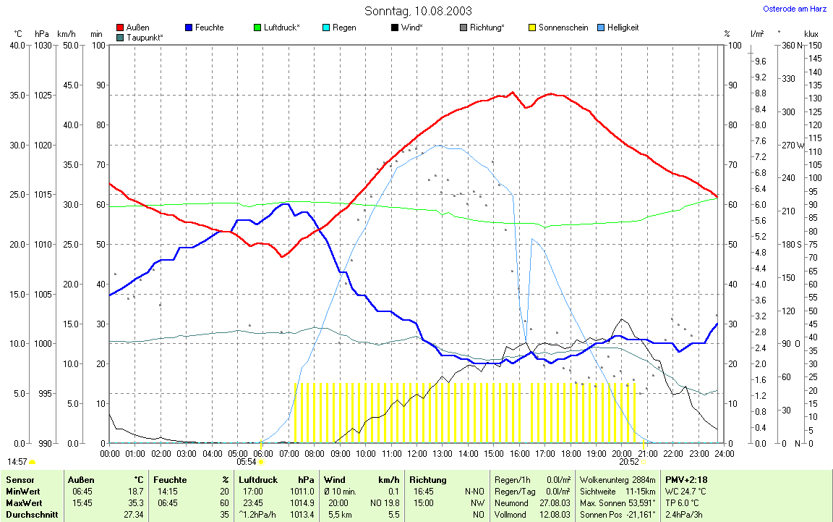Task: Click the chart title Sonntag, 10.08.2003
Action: tap(418, 11)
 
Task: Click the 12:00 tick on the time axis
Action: tap(417, 454)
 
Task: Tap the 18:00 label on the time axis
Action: tap(571, 454)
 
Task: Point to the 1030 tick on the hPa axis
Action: tap(43, 46)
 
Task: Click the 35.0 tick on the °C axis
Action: tap(17, 96)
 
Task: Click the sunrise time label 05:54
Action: tap(247, 462)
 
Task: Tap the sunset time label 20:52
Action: tap(629, 462)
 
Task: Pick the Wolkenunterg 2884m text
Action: tap(618, 480)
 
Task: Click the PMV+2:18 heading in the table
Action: tap(686, 480)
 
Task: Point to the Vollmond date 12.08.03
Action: tap(555, 514)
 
